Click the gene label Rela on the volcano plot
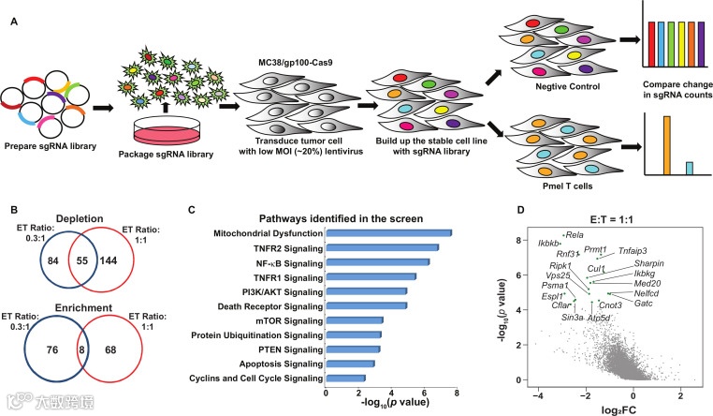click(575, 235)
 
